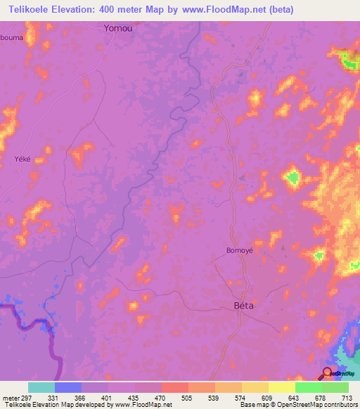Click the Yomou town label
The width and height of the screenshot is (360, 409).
[117, 29]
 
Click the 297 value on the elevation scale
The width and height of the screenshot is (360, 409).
[22, 398]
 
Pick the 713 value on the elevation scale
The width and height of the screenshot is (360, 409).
[348, 398]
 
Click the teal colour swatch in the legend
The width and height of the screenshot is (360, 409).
[41, 387]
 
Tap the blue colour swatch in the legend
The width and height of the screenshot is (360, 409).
[68, 387]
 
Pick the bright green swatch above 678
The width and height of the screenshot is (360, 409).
[309, 387]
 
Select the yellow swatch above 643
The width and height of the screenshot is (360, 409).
[282, 387]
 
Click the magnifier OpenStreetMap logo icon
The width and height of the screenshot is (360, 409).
[328, 372]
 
